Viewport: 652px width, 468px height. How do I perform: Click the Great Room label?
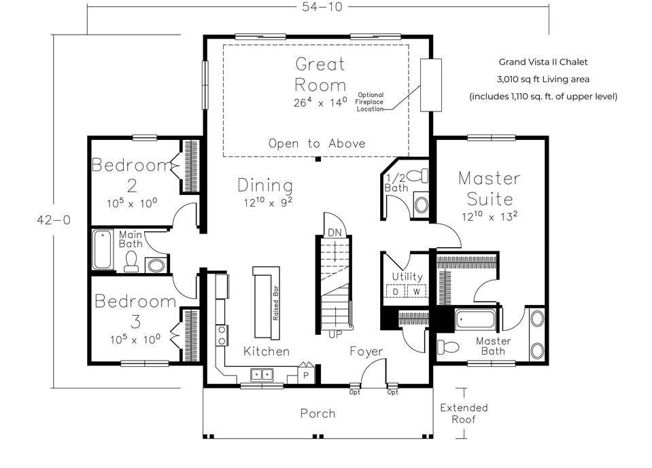pyautogui.click(x=320, y=74)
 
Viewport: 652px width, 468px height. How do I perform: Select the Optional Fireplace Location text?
pyautogui.click(x=371, y=102)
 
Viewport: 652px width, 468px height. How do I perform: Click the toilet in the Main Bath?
pyautogui.click(x=131, y=262)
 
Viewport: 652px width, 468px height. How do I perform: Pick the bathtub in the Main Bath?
pyautogui.click(x=103, y=249)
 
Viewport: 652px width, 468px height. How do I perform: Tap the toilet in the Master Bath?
pyautogui.click(x=449, y=347)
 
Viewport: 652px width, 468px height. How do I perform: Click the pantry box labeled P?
pyautogui.click(x=306, y=374)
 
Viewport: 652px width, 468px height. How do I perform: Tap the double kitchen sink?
pyautogui.click(x=262, y=374)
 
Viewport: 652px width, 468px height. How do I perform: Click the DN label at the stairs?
pyautogui.click(x=334, y=232)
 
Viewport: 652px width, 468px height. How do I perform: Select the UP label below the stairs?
pyautogui.click(x=335, y=334)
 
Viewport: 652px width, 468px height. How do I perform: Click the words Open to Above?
pyautogui.click(x=316, y=143)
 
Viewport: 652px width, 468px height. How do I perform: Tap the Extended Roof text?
pyautogui.click(x=464, y=413)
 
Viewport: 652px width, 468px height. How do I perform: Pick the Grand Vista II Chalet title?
pyautogui.click(x=543, y=62)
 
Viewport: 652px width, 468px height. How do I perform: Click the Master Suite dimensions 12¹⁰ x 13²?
pyautogui.click(x=490, y=217)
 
